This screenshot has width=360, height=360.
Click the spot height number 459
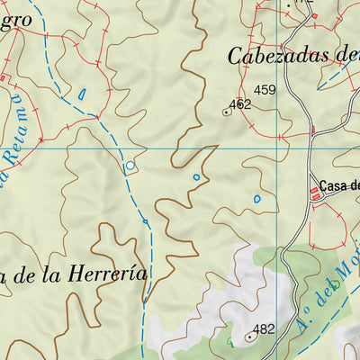click(x=265, y=90)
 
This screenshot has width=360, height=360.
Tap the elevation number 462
click(x=239, y=104)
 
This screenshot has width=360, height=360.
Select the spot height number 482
click(x=263, y=329)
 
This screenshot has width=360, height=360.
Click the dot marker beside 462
click(x=225, y=112)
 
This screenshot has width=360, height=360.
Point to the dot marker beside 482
click(x=248, y=337)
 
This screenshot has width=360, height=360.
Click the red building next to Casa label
click(x=316, y=192)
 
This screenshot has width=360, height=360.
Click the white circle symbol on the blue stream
click(x=130, y=166)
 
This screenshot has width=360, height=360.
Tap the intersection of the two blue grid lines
click(x=216, y=148)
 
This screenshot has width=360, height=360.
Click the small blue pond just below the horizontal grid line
click(x=196, y=176)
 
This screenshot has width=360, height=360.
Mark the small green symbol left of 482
click(x=229, y=342)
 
